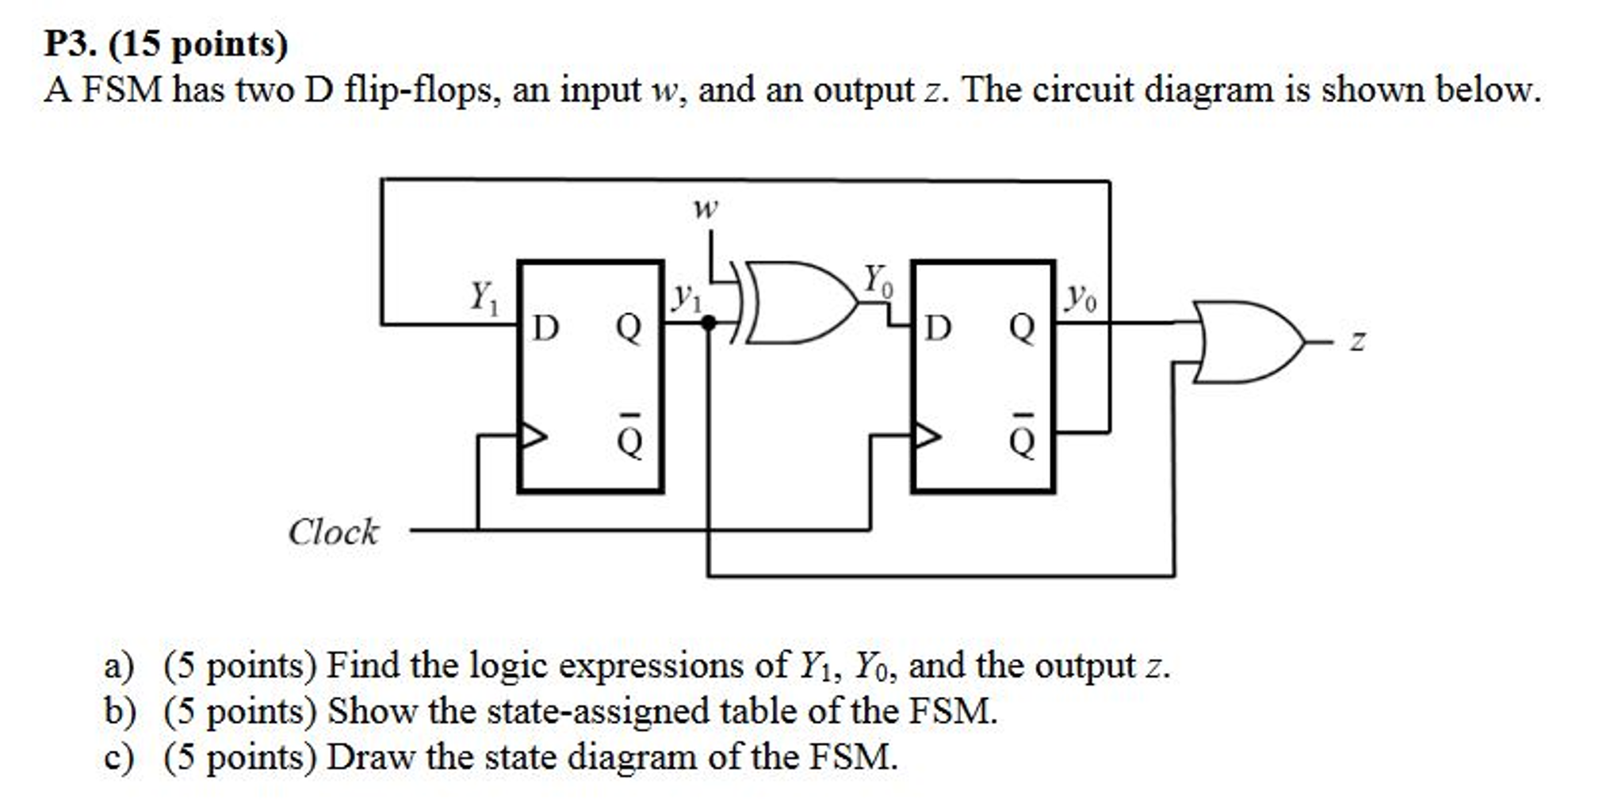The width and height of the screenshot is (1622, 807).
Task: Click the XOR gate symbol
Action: point(797,302)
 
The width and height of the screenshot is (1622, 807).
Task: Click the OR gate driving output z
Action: point(1245,342)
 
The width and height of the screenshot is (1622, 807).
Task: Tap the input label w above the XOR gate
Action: point(705,208)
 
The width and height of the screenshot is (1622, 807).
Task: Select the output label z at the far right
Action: point(1358,342)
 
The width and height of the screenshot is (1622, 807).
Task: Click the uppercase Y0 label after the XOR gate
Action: point(877,281)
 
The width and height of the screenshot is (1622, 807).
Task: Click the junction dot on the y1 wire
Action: point(709,323)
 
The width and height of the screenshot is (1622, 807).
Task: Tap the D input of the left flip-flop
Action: point(545,327)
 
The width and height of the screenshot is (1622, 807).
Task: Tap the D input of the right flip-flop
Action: point(938,327)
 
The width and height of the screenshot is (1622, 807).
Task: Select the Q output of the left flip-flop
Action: point(629,327)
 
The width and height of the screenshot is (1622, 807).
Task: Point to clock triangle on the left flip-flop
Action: point(533,435)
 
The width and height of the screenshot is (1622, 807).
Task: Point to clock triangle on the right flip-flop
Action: point(927,435)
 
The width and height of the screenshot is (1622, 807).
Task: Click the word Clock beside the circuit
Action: point(333,532)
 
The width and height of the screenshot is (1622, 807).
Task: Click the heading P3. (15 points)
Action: point(166,44)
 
